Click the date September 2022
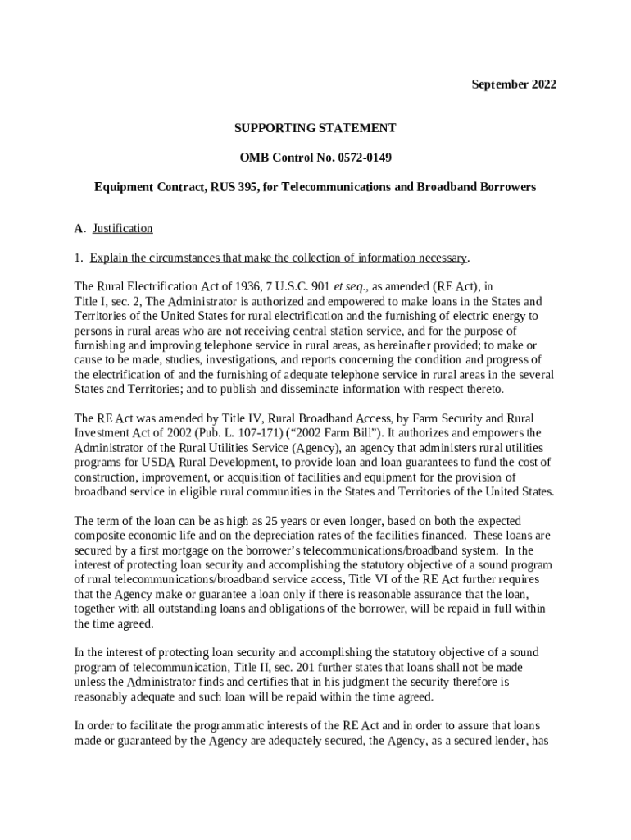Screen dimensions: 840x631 click(x=514, y=84)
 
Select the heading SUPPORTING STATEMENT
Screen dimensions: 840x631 click(x=315, y=128)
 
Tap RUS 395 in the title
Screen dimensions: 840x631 click(x=234, y=187)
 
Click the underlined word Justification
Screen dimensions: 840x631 click(x=123, y=228)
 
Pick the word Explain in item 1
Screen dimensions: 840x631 click(x=109, y=258)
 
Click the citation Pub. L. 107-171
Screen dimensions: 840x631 click(x=280, y=433)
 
